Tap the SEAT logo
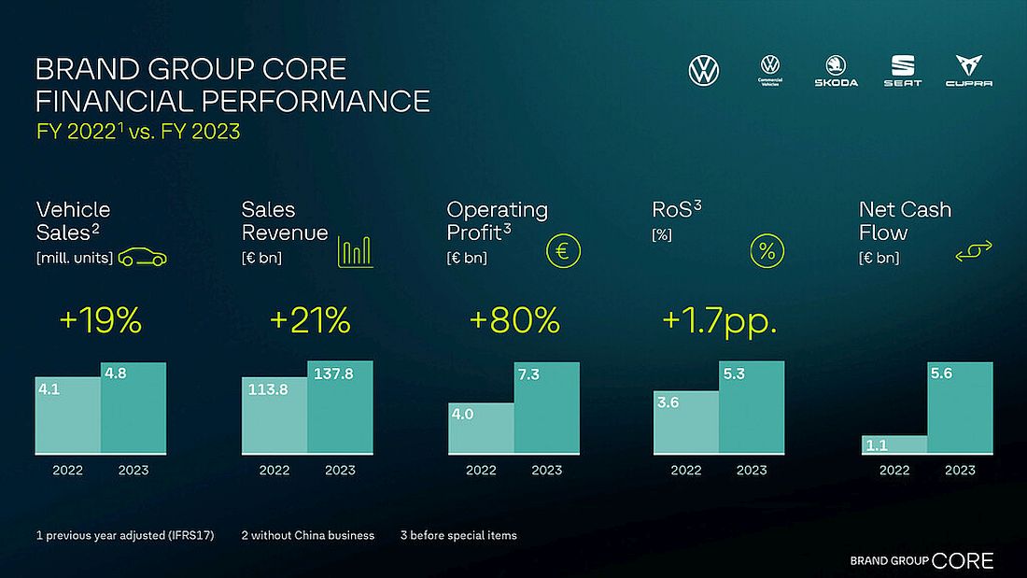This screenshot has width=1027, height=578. [903, 70]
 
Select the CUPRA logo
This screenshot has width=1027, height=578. [968, 70]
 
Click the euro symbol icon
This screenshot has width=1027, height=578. [563, 250]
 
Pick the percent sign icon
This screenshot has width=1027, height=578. [767, 250]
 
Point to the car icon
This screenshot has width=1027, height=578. [142, 257]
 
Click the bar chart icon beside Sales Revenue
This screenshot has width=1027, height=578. [355, 250]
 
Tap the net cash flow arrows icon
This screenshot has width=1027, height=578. [974, 250]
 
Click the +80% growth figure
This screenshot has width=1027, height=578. [514, 321]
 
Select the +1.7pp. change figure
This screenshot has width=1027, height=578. [719, 321]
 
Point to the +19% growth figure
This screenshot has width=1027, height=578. [100, 321]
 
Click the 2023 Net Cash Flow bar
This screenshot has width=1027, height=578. [960, 408]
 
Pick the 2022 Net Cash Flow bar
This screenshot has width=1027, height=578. [893, 444]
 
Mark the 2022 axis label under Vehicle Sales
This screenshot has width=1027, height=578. [67, 470]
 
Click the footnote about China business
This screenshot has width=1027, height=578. [308, 535]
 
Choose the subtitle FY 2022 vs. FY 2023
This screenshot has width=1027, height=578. [138, 132]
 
